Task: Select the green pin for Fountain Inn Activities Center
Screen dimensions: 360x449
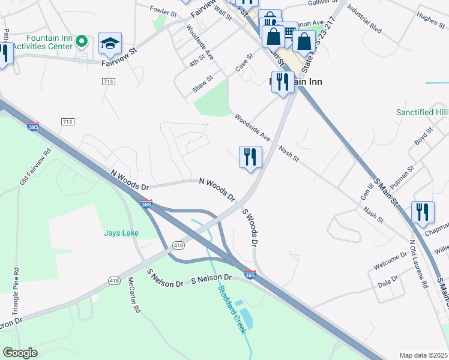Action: coord(83,41)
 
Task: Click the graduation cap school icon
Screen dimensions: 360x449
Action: coord(110,43)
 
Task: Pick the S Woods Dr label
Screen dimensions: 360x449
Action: coord(250,227)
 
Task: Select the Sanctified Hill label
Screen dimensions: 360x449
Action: coord(422,112)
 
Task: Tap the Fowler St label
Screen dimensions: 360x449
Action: coord(163,12)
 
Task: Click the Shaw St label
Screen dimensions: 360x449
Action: coord(202,83)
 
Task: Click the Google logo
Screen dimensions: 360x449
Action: coord(20,353)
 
